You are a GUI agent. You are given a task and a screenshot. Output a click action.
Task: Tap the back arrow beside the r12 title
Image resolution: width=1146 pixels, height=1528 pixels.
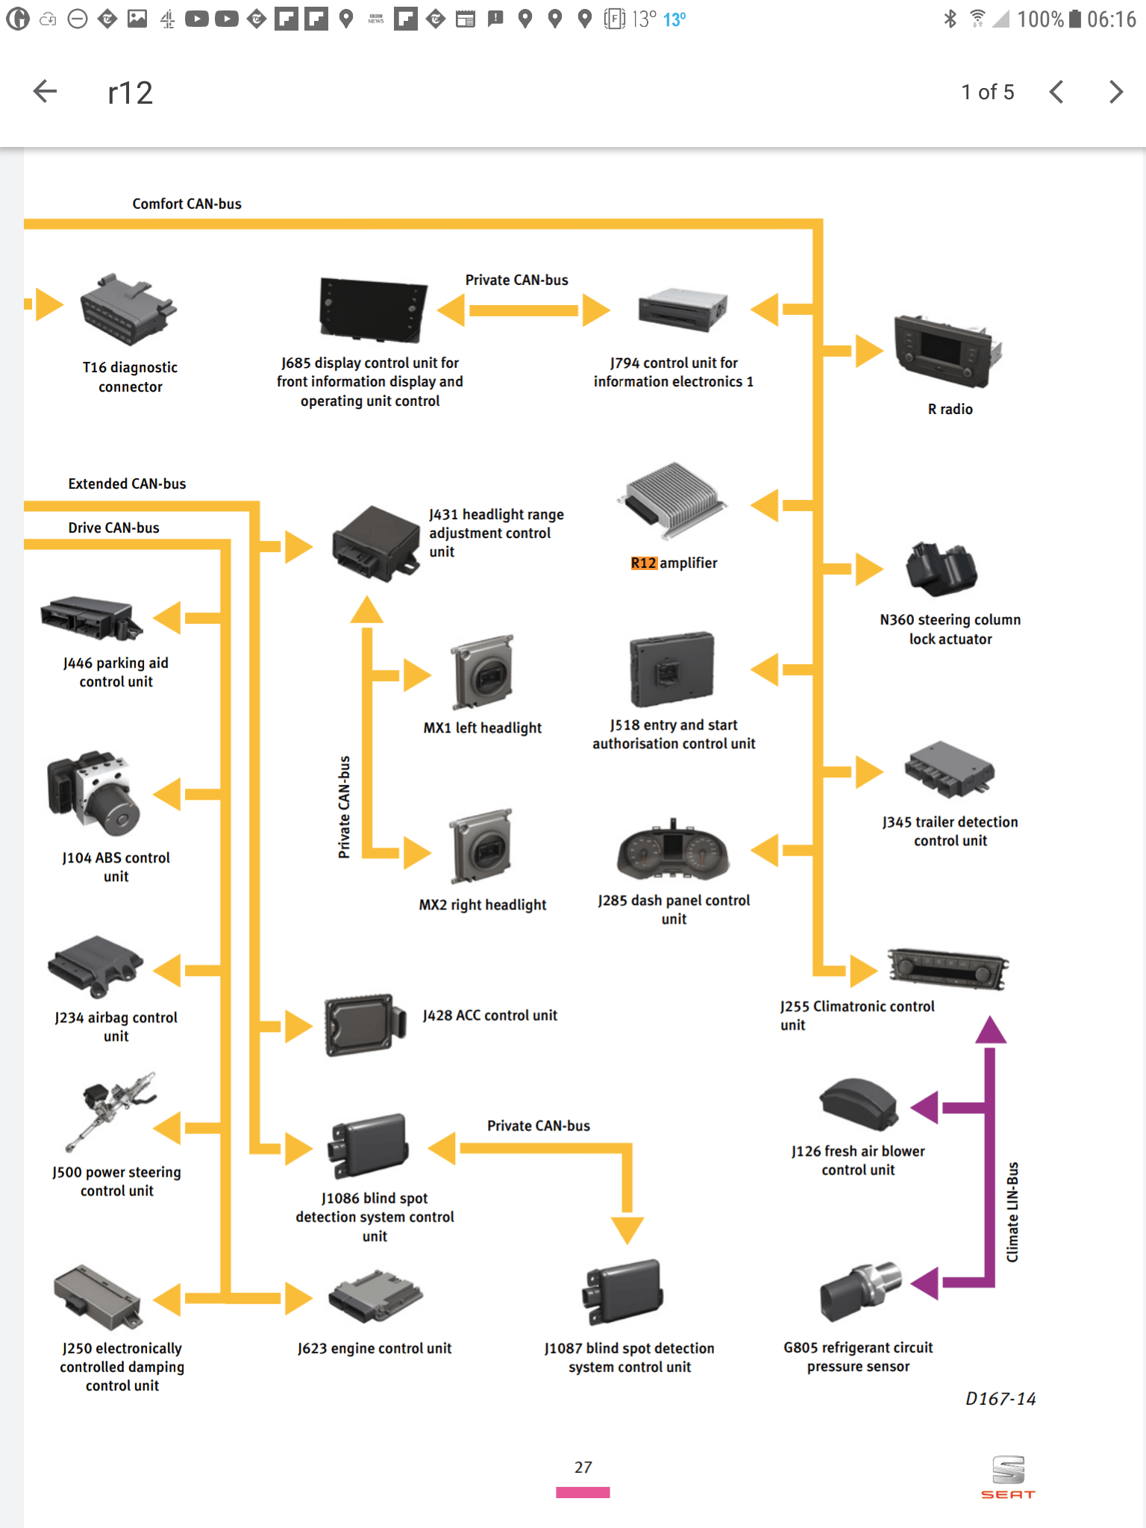point(46,92)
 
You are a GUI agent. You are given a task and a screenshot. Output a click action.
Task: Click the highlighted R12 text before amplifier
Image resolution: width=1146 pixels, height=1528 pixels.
point(643,563)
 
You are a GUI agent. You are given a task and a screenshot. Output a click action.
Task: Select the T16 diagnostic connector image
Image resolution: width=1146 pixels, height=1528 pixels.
point(128,309)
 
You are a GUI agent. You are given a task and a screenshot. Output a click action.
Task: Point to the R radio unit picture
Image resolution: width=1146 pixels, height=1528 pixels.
point(947,351)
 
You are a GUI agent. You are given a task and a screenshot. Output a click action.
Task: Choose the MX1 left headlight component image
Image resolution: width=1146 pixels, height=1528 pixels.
point(483,672)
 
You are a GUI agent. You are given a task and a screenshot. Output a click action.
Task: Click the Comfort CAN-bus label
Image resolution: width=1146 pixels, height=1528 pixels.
point(187,204)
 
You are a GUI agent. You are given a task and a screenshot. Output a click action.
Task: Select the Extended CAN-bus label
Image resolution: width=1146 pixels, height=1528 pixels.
point(127,483)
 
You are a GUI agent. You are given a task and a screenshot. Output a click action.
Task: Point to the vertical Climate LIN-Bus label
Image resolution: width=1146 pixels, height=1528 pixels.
point(1012,1212)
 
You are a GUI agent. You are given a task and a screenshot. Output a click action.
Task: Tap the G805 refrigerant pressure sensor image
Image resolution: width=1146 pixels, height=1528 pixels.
point(860,1291)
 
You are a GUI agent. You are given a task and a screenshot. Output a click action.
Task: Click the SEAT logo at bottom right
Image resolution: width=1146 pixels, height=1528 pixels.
point(1008,1477)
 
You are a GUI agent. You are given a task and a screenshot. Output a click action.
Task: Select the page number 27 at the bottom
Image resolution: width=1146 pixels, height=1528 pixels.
point(583,1468)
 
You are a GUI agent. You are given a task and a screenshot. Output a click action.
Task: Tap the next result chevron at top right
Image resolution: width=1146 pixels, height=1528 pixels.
point(1115,92)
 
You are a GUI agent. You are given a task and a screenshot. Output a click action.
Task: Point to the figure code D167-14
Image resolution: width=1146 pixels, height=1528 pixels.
point(1001,1399)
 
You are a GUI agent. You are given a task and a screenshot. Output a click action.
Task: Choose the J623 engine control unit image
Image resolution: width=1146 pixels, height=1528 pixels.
point(375,1297)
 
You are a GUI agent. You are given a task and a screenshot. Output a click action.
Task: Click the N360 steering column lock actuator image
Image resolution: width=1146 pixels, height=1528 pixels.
point(942,569)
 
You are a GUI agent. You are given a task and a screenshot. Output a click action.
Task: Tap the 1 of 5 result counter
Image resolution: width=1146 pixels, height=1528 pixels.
point(987,92)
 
